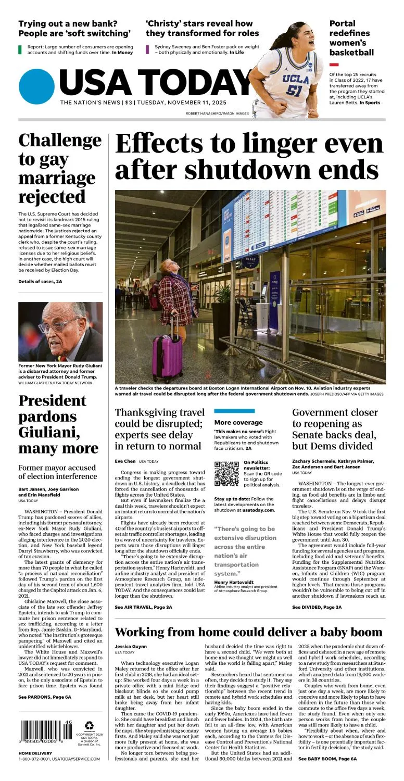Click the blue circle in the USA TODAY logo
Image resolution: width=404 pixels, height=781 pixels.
pos(36,86)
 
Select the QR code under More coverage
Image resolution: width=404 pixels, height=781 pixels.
pos(226,473)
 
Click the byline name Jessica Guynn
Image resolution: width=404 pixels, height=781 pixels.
pos(131,646)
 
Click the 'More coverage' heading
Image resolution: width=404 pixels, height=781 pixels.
pos(238,422)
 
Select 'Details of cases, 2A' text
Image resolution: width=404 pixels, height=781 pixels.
pos(40,281)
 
